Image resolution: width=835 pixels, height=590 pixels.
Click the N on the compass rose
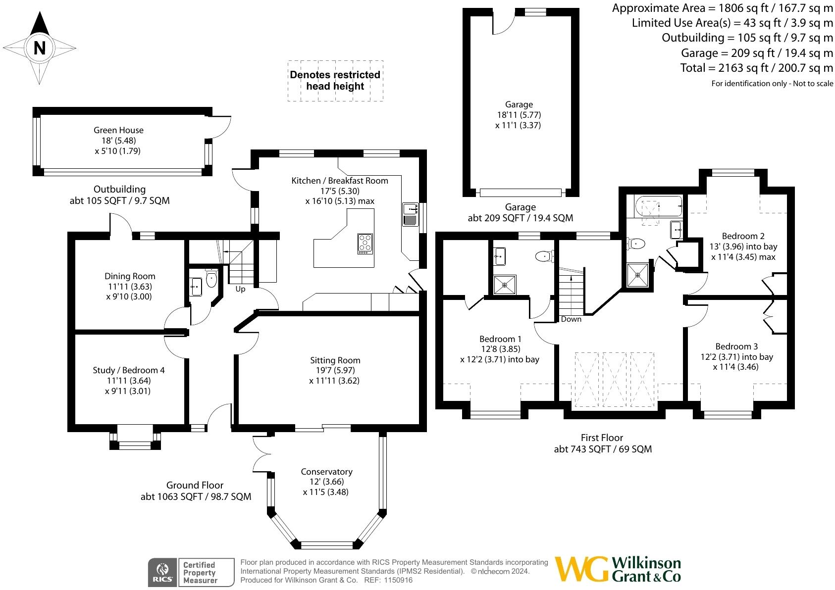tap(40, 48)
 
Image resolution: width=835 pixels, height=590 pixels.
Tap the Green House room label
tap(118, 130)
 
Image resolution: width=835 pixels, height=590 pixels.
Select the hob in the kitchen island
tap(365, 244)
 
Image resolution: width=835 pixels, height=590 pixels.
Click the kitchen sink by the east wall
tap(410, 214)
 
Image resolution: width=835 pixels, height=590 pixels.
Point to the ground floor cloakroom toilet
tap(211, 279)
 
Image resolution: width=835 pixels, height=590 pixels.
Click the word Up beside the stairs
tap(240, 289)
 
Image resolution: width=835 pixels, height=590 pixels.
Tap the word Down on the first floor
tap(571, 319)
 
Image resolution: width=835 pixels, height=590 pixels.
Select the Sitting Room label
tap(335, 360)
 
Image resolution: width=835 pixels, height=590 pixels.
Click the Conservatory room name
tap(326, 472)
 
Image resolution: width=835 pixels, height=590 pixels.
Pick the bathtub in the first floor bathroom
tap(659, 207)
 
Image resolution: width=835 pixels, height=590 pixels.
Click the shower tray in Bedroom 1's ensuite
tap(505, 285)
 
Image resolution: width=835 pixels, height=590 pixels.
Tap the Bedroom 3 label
tap(736, 346)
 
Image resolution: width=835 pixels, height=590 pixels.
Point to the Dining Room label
tap(130, 276)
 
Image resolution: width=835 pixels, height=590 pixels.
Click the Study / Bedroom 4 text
tap(129, 370)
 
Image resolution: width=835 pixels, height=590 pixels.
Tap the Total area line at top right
tap(756, 68)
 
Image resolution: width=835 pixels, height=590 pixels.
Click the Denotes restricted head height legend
tap(335, 81)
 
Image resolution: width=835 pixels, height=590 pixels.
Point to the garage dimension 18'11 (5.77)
tap(519, 115)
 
